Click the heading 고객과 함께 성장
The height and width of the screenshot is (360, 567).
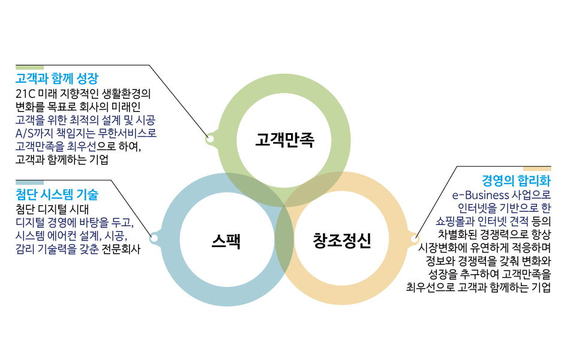click(x=56, y=79)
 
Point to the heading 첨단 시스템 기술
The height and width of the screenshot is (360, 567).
click(x=56, y=194)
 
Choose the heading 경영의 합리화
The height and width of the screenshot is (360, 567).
click(x=516, y=180)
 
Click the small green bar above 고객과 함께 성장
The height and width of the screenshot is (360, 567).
click(x=29, y=67)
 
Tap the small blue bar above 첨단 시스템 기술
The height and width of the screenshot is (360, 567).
click(x=29, y=182)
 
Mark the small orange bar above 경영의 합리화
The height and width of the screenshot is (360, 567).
click(x=537, y=169)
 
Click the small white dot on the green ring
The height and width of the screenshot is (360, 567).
click(x=210, y=139)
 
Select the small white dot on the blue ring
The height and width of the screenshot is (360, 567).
click(x=154, y=239)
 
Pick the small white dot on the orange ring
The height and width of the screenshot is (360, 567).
click(x=413, y=239)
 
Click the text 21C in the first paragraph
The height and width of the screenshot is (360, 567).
click(x=25, y=94)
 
